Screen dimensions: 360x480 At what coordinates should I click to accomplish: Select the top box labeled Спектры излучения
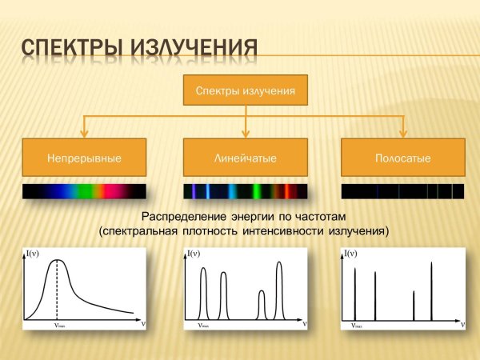[x=246, y=91]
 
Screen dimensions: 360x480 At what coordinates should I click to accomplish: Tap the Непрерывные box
[x=84, y=158]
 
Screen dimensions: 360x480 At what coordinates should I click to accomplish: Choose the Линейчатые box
[x=246, y=158]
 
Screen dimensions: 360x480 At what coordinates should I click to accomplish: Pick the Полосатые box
[x=402, y=158]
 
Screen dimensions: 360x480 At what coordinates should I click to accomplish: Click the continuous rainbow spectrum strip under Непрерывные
[x=84, y=192]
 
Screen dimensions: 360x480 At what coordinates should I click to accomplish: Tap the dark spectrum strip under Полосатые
[x=402, y=192]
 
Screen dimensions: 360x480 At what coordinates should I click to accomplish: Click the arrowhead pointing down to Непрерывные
[x=85, y=133]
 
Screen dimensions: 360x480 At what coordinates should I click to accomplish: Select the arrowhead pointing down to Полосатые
[x=402, y=133]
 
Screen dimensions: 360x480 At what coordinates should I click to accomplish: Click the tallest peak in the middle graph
[x=279, y=264]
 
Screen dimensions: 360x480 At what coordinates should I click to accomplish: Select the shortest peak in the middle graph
[x=262, y=294]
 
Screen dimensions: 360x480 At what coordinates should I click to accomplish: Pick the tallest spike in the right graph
[x=432, y=264]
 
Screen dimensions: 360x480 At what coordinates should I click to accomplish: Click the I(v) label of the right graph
[x=350, y=254]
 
